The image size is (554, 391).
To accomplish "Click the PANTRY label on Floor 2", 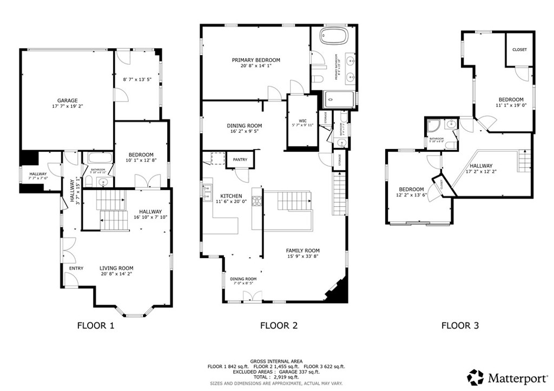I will tap(240, 160).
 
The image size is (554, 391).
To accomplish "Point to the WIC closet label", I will tap(302, 120).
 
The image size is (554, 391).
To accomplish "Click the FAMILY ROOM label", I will tap(302, 251).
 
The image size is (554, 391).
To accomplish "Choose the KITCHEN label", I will tap(231, 195).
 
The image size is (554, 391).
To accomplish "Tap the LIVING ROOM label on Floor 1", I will tap(116, 268).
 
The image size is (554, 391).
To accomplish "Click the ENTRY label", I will tap(76, 268).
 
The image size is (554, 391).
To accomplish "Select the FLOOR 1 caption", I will tap(96, 326).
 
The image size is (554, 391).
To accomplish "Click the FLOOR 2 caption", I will tap(279, 326).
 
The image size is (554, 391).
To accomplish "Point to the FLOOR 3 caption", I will tap(460, 326).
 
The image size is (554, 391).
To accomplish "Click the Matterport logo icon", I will tap(476, 376).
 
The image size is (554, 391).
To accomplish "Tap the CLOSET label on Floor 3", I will tap(519, 50).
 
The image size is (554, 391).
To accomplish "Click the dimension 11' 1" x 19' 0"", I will tap(511, 106).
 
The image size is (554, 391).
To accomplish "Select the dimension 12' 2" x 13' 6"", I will tap(412, 195).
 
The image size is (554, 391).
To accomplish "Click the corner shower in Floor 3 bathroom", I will tap(433, 126).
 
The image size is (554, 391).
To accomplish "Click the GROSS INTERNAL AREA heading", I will tap(276, 361).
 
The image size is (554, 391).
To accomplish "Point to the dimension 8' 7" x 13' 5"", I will tap(137, 79).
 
